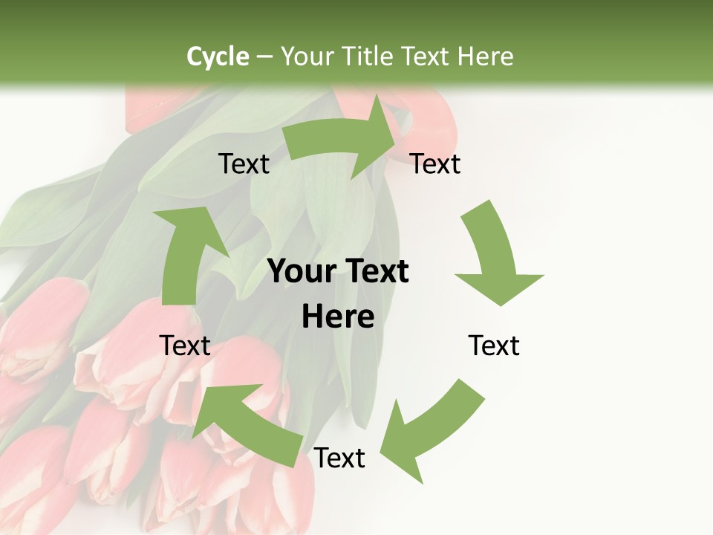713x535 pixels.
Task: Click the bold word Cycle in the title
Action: tap(218, 56)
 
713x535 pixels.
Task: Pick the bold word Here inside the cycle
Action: tap(338, 317)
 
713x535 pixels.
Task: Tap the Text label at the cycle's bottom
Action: tap(339, 458)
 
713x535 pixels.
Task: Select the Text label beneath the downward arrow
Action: tap(494, 346)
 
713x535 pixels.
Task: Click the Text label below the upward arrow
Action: tap(185, 346)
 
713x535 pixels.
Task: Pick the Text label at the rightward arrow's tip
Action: tap(435, 163)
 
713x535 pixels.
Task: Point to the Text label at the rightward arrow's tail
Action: tap(244, 163)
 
